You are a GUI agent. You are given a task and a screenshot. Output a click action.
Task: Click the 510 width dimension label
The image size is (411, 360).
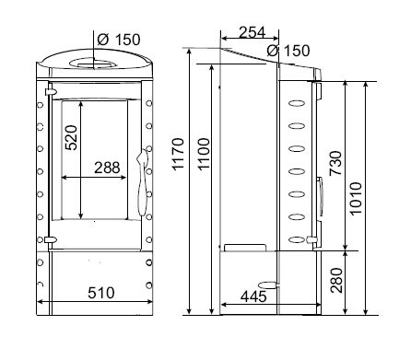[101, 293]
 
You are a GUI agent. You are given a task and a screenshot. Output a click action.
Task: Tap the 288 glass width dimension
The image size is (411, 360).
[107, 168]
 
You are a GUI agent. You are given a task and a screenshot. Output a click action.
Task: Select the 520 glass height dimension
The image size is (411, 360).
[72, 137]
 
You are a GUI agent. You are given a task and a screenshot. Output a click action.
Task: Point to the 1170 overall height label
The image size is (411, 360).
[178, 154]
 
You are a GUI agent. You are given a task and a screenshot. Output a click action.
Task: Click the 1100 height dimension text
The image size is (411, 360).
[204, 154]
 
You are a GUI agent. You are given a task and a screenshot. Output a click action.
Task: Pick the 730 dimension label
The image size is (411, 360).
[335, 163]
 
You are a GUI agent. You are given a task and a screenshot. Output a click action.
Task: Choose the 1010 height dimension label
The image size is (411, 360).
[356, 199]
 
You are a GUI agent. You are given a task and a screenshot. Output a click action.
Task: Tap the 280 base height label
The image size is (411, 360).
[336, 280]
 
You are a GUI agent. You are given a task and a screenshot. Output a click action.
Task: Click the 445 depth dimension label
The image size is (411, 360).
[253, 296]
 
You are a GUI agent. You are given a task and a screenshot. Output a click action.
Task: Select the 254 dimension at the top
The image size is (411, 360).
[252, 32]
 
